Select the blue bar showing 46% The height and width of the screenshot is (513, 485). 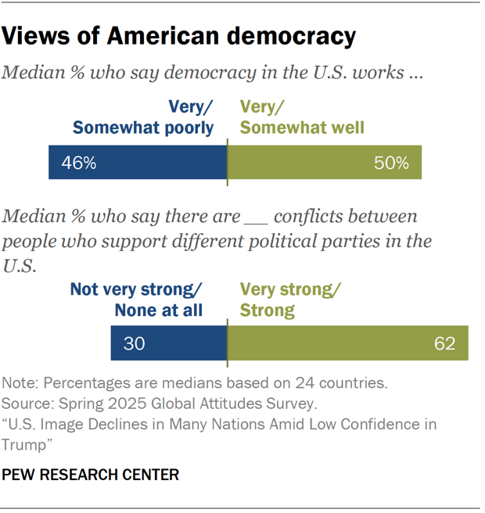[138, 163]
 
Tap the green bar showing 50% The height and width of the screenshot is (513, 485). [324, 163]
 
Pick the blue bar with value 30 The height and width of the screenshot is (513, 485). [168, 344]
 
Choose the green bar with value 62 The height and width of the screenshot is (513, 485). [347, 344]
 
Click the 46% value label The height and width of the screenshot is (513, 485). [79, 163]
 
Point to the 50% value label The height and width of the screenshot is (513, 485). [391, 163]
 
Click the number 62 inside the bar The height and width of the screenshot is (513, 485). [444, 344]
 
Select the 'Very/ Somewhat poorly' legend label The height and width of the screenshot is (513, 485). [143, 117]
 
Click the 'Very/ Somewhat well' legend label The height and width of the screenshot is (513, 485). [301, 117]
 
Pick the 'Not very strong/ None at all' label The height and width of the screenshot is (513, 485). [137, 300]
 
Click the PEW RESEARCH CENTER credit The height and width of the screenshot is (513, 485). [91, 475]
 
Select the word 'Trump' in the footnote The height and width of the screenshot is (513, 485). [26, 443]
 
